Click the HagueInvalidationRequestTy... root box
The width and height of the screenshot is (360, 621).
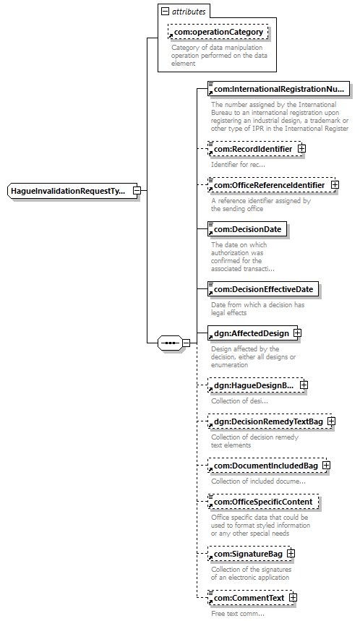click(x=72, y=191)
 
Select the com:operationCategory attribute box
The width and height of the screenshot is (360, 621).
click(x=218, y=32)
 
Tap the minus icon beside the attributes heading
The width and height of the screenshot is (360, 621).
click(x=165, y=12)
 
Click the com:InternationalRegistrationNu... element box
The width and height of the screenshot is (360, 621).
click(x=279, y=89)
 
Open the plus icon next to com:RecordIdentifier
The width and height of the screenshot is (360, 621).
click(x=301, y=149)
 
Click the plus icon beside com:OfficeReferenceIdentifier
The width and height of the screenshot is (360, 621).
click(x=335, y=185)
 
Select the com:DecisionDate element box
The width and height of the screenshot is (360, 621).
click(x=247, y=229)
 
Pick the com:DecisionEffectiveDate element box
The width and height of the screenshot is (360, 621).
click(x=263, y=289)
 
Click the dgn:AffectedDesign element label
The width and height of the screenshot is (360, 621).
click(x=252, y=333)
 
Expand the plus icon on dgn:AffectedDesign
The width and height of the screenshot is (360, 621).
click(x=297, y=333)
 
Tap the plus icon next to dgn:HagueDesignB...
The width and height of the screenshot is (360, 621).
click(x=304, y=385)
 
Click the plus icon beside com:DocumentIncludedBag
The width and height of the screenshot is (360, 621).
click(x=326, y=466)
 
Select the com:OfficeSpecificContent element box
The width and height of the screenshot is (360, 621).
click(x=263, y=502)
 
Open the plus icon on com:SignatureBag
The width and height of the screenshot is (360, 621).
click(x=291, y=554)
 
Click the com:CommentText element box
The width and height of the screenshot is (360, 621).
click(x=251, y=598)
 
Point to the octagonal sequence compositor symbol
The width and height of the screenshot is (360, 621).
click(x=171, y=343)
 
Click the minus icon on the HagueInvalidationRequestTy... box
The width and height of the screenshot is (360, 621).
click(x=137, y=191)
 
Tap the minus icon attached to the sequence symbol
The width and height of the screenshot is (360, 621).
click(x=186, y=343)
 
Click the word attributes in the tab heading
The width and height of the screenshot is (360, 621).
click(x=189, y=12)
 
